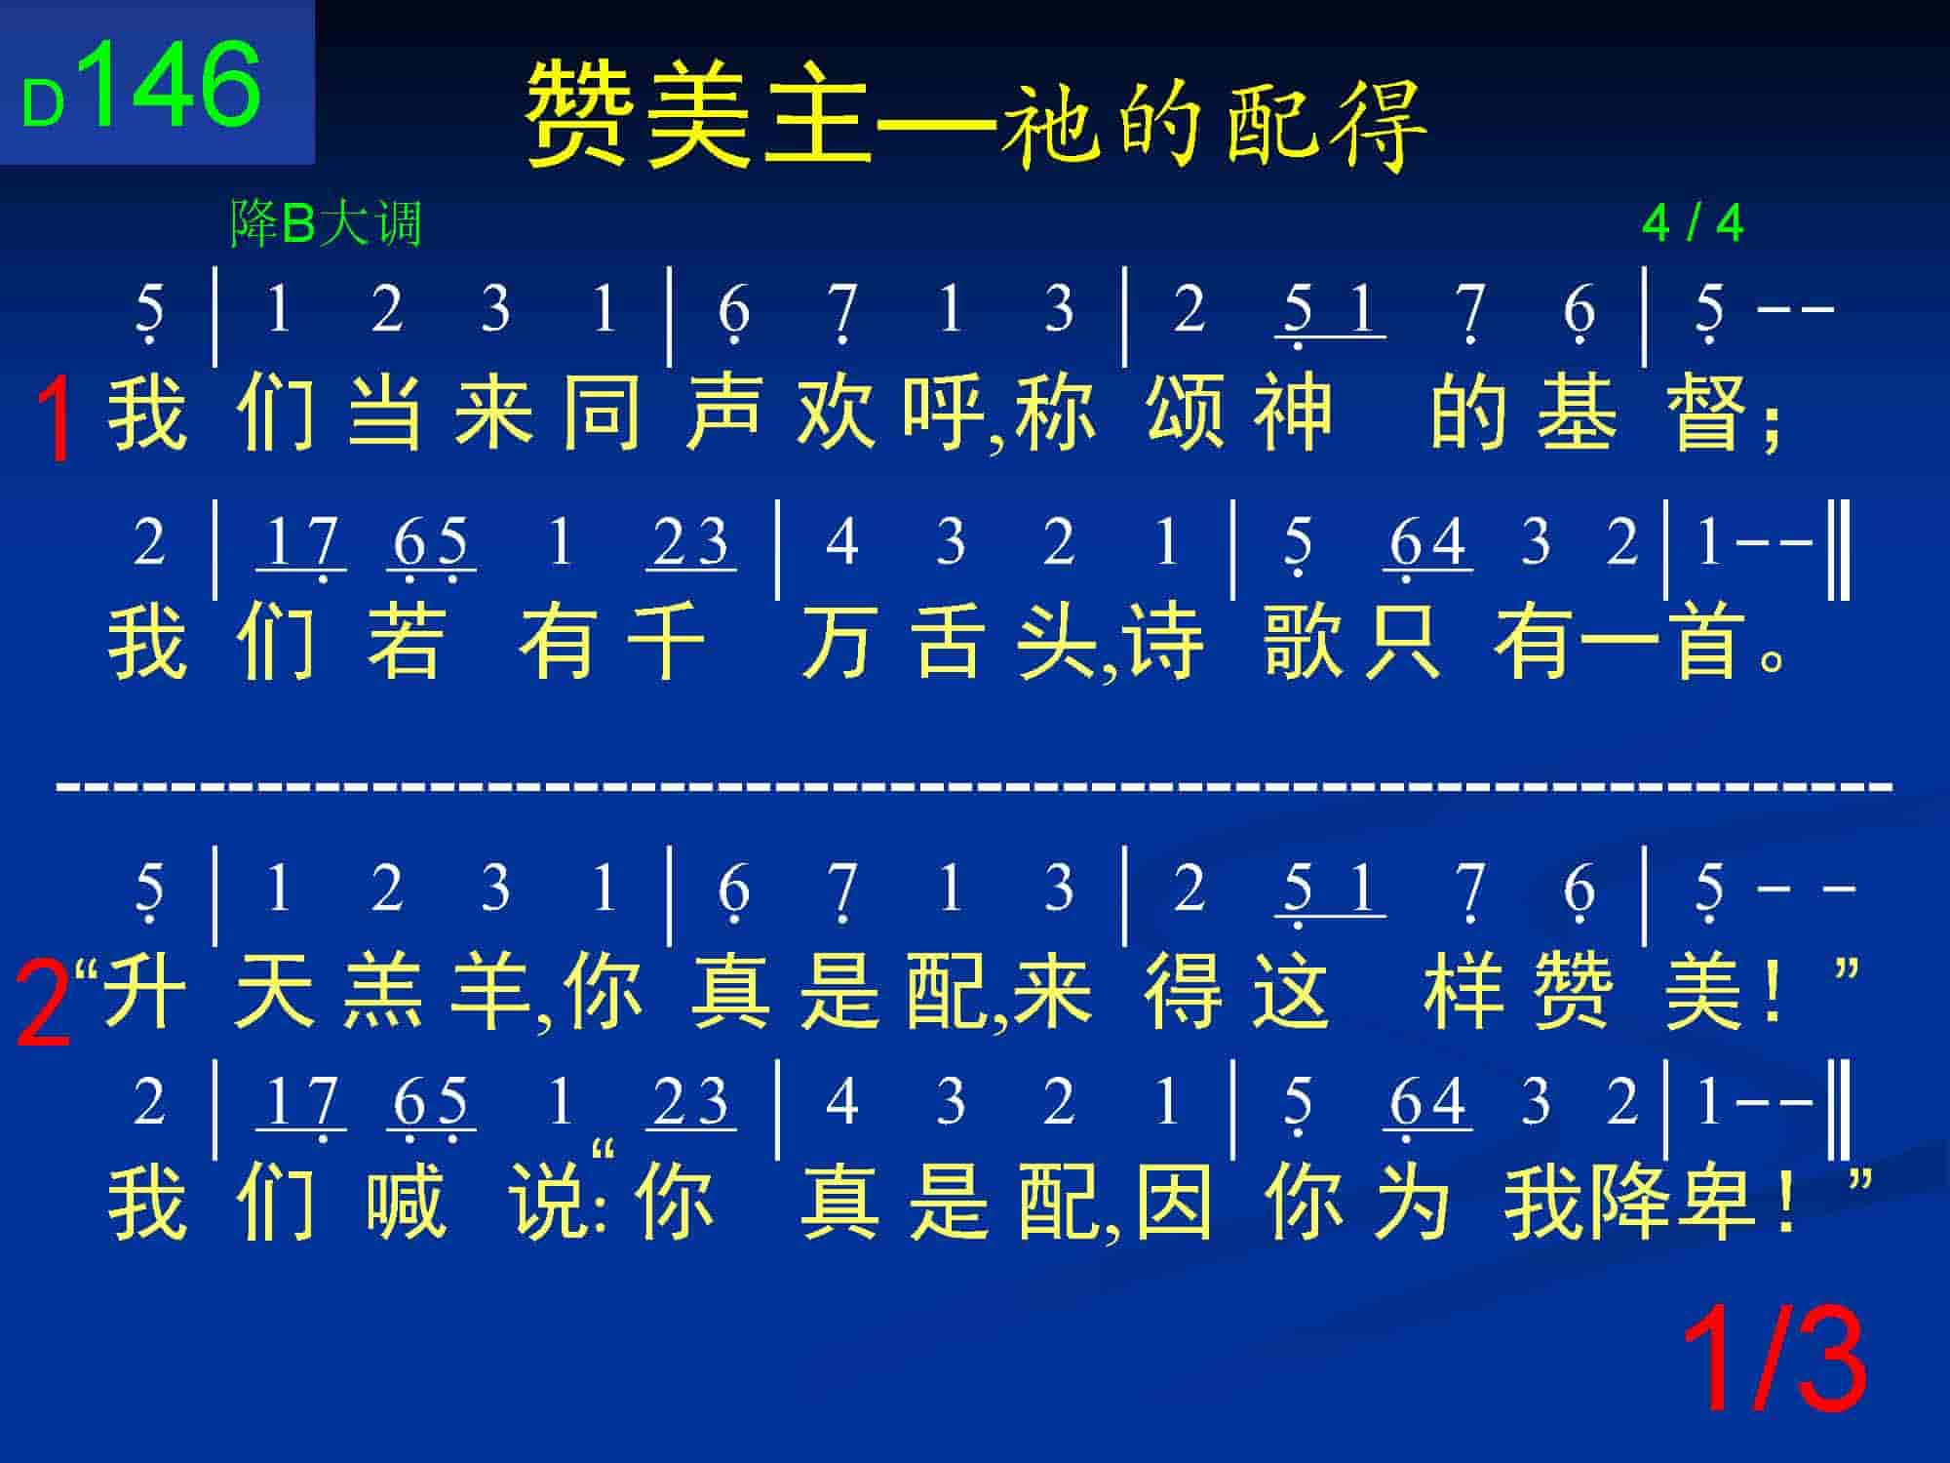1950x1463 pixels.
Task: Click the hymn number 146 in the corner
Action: click(175, 85)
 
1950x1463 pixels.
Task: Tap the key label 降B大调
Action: click(326, 223)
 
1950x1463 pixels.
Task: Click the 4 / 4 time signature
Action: click(1693, 224)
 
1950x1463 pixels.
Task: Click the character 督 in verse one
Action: click(1713, 413)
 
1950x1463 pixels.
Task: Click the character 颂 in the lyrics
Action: click(1186, 413)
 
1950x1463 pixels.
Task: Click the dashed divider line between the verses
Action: click(975, 783)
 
